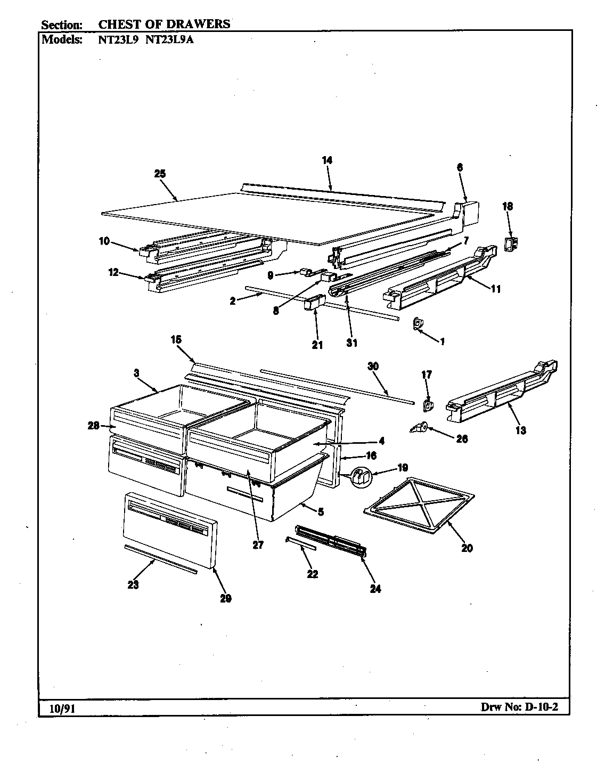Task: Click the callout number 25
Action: coord(159,174)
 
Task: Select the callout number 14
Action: coord(327,160)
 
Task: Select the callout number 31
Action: coord(351,343)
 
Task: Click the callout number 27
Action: coord(258,546)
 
